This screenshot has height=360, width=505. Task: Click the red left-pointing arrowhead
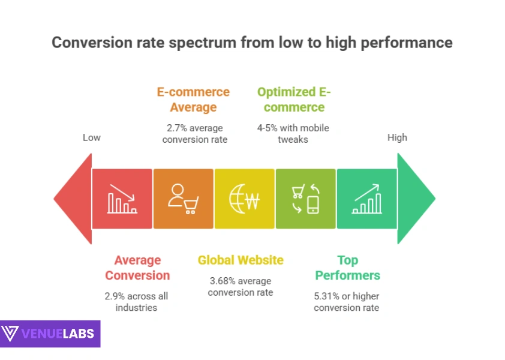(73, 199)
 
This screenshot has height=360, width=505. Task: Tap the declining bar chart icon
(122, 199)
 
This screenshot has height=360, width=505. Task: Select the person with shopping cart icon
(183, 199)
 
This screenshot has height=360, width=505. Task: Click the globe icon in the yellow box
(244, 199)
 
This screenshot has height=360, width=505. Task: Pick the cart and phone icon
(305, 199)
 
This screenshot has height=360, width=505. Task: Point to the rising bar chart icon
(366, 199)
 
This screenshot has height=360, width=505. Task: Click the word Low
(91, 137)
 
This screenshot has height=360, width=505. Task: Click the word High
(397, 137)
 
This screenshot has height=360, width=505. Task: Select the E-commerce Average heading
(193, 100)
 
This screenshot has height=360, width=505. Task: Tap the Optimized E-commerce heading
(294, 100)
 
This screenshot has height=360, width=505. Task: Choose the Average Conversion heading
(137, 268)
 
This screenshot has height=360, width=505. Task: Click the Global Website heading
(241, 260)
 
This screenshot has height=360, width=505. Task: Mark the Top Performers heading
(347, 268)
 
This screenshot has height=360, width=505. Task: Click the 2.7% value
(176, 128)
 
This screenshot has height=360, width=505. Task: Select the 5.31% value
(327, 296)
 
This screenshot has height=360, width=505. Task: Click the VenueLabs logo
(50, 333)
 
